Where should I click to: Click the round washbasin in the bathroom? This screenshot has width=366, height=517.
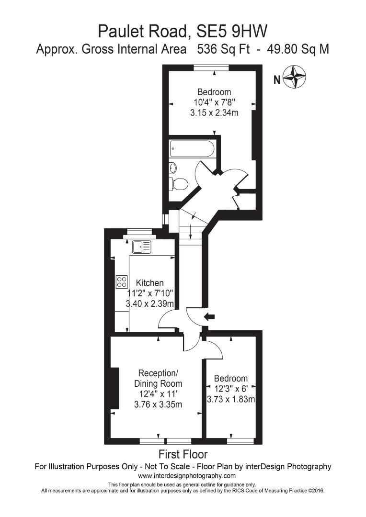pyautogui.click(x=173, y=168)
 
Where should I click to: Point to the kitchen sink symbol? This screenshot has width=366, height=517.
pyautogui.click(x=142, y=247)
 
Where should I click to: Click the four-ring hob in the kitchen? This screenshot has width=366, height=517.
pyautogui.click(x=122, y=281)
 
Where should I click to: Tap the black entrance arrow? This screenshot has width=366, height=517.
pyautogui.click(x=210, y=316)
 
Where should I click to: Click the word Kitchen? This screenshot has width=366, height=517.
pyautogui.click(x=149, y=283)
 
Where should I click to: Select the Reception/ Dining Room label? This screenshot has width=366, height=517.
pyautogui.click(x=158, y=378)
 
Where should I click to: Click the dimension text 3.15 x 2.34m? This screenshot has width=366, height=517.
pyautogui.click(x=214, y=113)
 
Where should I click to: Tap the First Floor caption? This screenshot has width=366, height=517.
pyautogui.click(x=183, y=454)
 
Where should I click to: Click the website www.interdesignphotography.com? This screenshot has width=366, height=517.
pyautogui.click(x=187, y=476)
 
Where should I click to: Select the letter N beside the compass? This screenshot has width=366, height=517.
pyautogui.click(x=276, y=80)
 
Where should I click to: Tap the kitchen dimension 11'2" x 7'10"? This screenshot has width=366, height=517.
pyautogui.click(x=150, y=293)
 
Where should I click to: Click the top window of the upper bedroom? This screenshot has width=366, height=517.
pyautogui.click(x=211, y=68)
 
